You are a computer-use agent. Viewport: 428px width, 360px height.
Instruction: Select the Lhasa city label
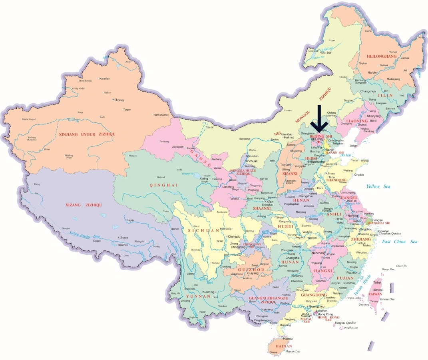point(123,238)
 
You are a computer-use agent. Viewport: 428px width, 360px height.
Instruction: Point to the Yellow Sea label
point(380,186)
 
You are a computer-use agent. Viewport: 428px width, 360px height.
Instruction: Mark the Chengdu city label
point(236,236)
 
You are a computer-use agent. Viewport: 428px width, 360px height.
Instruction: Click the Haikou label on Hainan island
point(283,338)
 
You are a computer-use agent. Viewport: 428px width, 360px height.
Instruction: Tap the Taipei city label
point(377,282)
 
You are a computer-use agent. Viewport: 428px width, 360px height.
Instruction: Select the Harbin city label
point(372,72)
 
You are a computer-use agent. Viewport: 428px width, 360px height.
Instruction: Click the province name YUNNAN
point(198,296)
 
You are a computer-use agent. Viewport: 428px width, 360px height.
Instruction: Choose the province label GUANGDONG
point(314,295)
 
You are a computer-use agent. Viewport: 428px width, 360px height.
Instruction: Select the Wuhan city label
point(307,232)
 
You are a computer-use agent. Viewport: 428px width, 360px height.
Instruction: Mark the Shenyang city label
point(374,116)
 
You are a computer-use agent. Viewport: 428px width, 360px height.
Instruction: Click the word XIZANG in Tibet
point(75,205)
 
